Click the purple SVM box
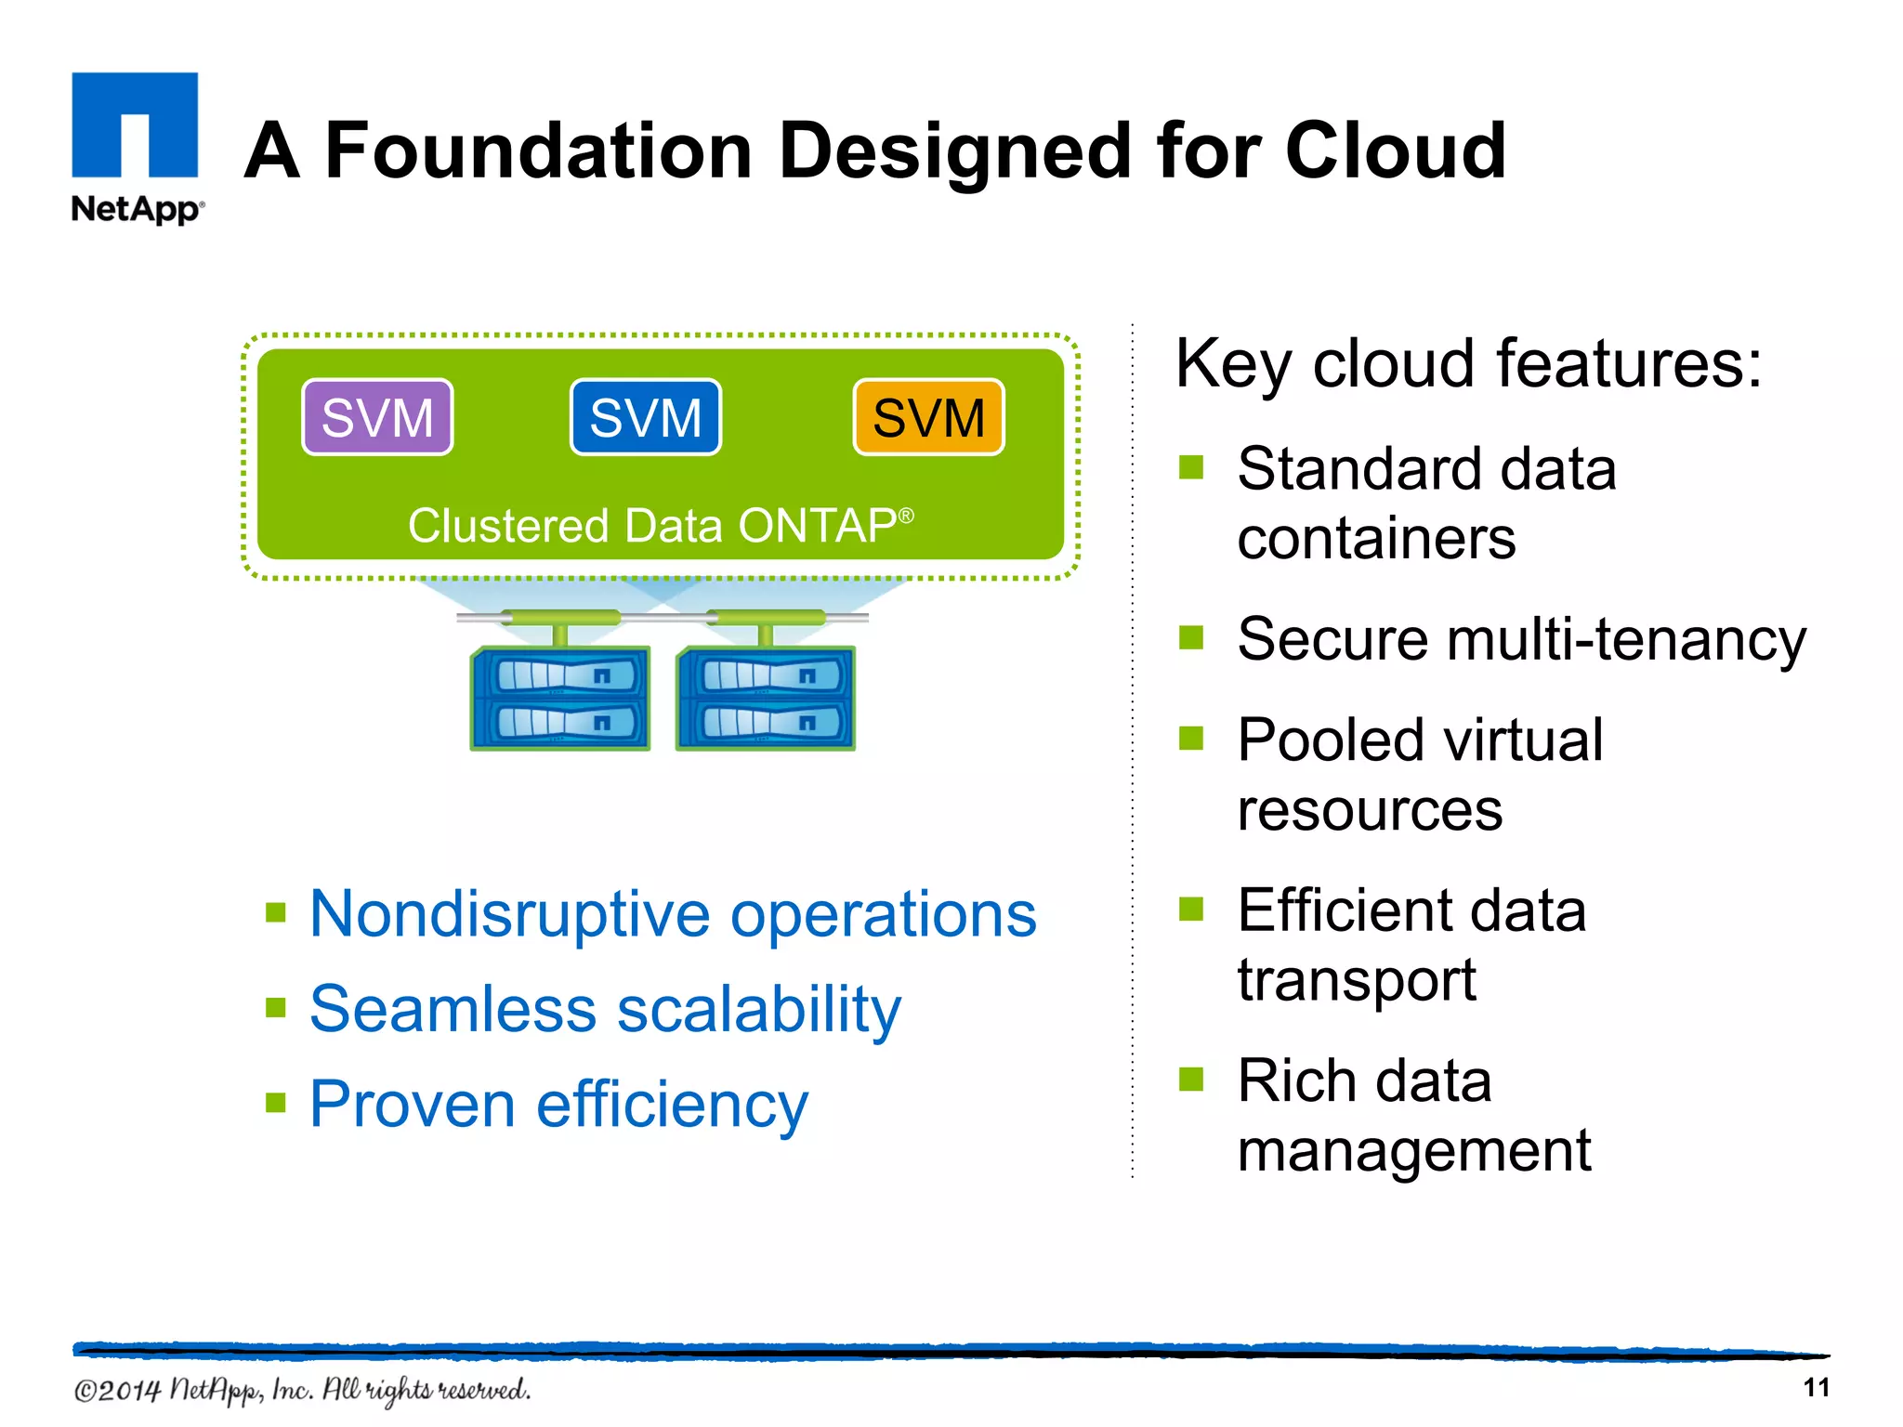pyautogui.click(x=377, y=417)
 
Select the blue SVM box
pyautogui.click(x=645, y=417)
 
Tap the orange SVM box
pyautogui.click(x=928, y=417)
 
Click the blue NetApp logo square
pyautogui.click(x=135, y=124)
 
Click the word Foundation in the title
pyautogui.click(x=538, y=151)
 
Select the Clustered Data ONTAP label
pyautogui.click(x=660, y=526)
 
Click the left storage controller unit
pyautogui.click(x=560, y=699)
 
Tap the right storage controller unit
pyautogui.click(x=766, y=699)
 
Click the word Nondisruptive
pyautogui.click(x=509, y=914)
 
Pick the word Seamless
pyautogui.click(x=453, y=1009)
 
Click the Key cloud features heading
pyautogui.click(x=1468, y=363)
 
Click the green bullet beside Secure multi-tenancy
pyautogui.click(x=1190, y=638)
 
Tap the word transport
pyautogui.click(x=1357, y=980)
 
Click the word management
pyautogui.click(x=1413, y=1151)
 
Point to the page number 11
pyautogui.click(x=1816, y=1388)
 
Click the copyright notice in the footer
pyautogui.click(x=302, y=1390)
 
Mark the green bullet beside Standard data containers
pyautogui.click(x=1190, y=467)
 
